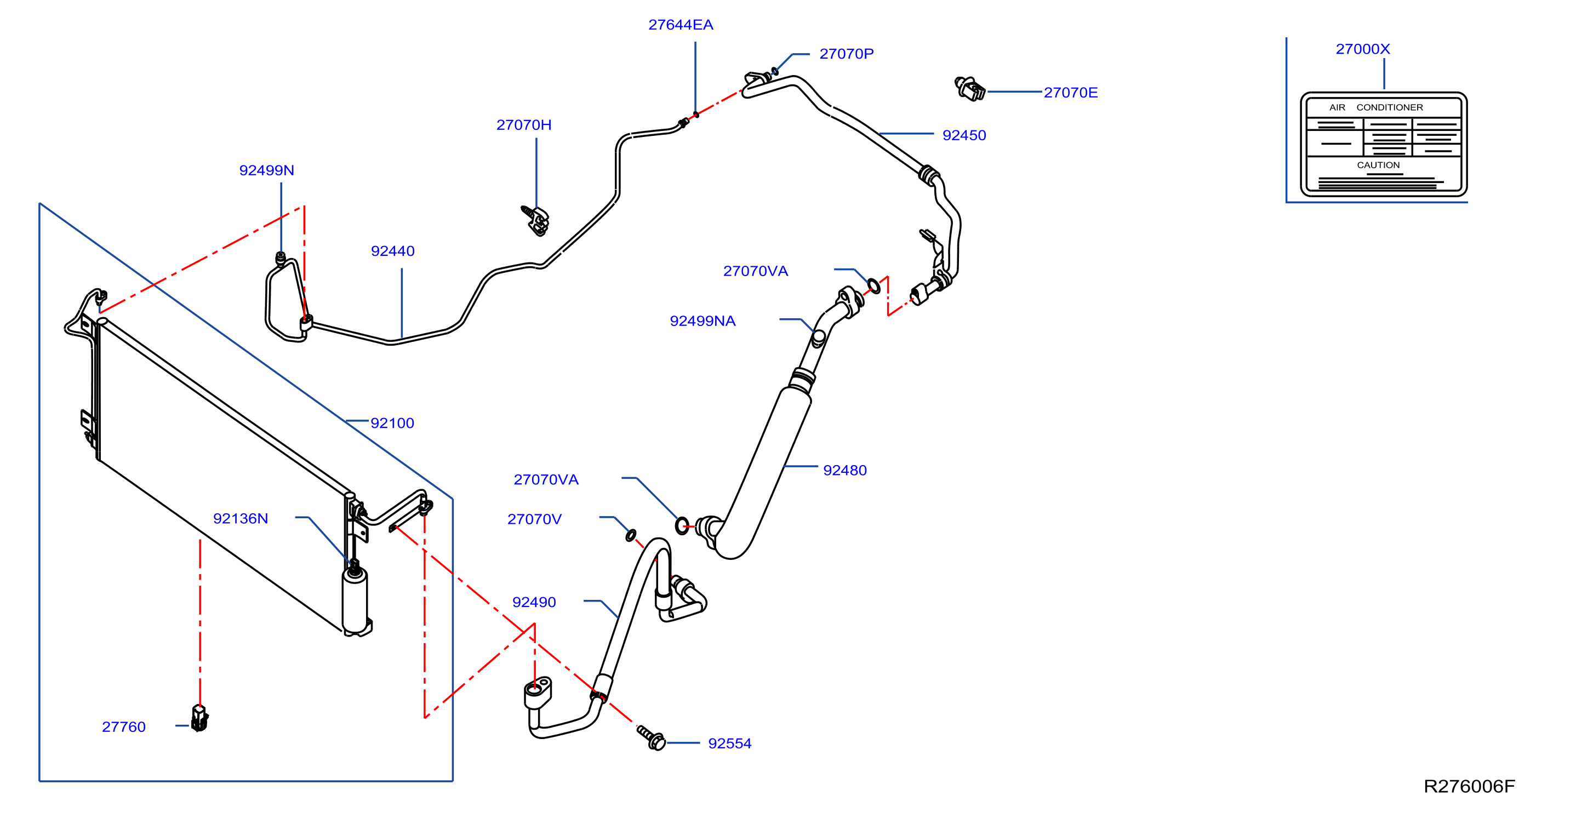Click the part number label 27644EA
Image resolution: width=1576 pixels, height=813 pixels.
(x=681, y=25)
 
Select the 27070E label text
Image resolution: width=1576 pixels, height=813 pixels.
(x=1070, y=93)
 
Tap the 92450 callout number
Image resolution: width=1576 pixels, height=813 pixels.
(x=964, y=136)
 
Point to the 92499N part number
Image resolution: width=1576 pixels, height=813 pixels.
(x=266, y=171)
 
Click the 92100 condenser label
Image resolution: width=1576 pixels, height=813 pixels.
(x=392, y=423)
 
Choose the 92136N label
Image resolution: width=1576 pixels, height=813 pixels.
(x=241, y=519)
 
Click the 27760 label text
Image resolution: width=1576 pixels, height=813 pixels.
(x=124, y=728)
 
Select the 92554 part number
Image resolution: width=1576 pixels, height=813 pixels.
(x=730, y=744)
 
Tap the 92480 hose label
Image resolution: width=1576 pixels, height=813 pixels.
(x=845, y=471)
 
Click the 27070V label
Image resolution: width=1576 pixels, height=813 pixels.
(x=534, y=519)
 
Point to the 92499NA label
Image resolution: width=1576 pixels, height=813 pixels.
(x=703, y=321)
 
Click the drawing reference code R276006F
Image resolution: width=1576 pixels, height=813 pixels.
(x=1469, y=787)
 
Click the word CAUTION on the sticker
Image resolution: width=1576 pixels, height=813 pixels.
(x=1378, y=165)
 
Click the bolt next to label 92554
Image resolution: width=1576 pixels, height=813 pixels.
(x=651, y=738)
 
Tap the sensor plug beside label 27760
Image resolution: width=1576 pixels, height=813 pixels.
(x=199, y=718)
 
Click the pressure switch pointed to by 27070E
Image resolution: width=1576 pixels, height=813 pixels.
(x=970, y=89)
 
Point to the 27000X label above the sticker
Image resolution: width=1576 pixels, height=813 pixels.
(x=1362, y=49)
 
